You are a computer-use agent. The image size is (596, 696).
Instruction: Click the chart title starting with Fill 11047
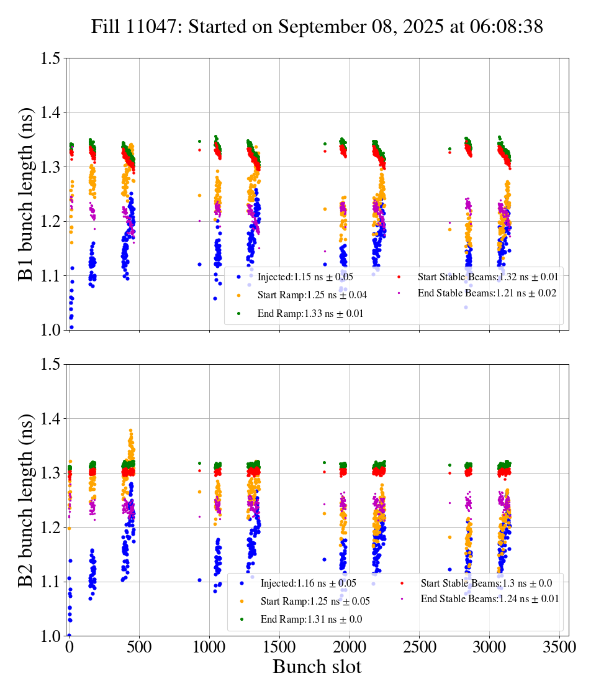(x=317, y=27)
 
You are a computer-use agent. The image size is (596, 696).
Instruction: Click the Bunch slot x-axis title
(x=317, y=667)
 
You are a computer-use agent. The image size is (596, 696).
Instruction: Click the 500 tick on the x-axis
(x=139, y=648)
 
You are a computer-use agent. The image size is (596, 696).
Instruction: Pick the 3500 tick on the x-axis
(x=560, y=648)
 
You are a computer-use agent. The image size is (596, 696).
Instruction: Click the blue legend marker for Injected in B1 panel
(x=238, y=277)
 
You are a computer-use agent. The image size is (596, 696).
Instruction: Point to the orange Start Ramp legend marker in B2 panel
(x=242, y=601)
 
